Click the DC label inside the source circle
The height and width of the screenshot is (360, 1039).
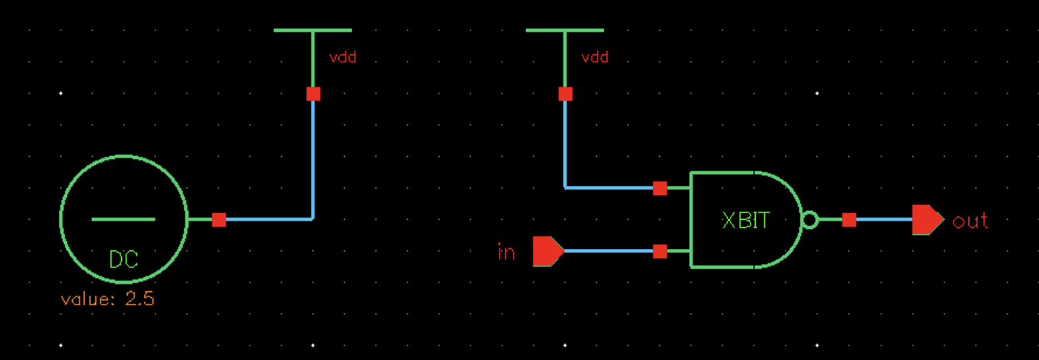[123, 259]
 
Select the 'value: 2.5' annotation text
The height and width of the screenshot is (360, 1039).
[107, 299]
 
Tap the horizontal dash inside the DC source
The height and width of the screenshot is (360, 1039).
[123, 219]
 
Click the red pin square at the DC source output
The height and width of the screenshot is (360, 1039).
[219, 220]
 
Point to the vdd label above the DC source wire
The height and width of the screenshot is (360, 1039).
[343, 58]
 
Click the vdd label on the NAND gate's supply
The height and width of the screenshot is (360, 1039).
[595, 58]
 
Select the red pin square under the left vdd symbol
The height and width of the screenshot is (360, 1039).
[314, 94]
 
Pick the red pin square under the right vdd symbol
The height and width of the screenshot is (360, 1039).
[565, 94]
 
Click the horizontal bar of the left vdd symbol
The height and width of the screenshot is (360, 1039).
[313, 30]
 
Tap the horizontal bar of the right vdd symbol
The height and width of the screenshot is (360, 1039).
[565, 30]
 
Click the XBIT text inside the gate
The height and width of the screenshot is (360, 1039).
[746, 220]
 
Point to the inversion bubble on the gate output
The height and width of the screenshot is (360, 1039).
[810, 220]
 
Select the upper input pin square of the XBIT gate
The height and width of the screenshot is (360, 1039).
[660, 189]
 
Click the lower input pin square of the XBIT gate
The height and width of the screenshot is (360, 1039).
[660, 251]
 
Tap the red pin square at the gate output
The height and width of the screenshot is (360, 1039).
[849, 220]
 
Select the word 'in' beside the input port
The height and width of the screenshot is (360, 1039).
[506, 252]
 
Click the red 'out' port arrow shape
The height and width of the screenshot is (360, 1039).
[927, 220]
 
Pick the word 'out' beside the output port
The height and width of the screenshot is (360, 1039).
[970, 221]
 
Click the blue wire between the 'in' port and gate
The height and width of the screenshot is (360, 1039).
[609, 251]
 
